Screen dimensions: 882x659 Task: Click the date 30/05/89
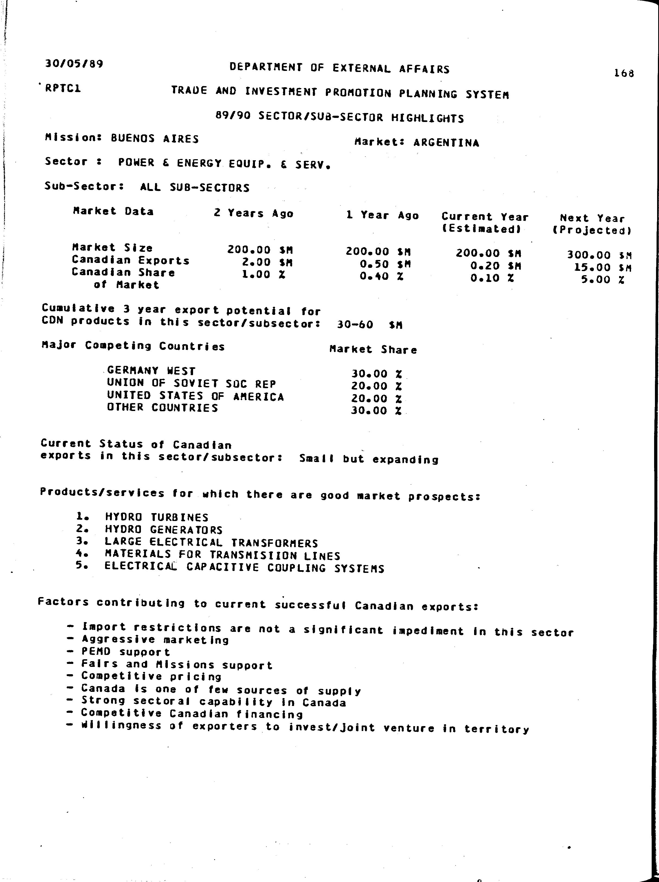click(x=74, y=64)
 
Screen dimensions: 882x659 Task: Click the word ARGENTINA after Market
click(x=446, y=143)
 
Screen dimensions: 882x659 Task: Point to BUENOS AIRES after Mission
click(x=155, y=139)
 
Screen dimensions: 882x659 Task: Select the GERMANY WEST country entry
click(x=152, y=371)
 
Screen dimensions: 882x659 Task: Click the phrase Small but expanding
click(x=369, y=459)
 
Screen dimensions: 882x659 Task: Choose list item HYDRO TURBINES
click(x=156, y=517)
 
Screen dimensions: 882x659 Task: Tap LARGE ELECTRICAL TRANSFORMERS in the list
click(x=211, y=543)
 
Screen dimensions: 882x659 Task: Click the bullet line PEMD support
click(x=125, y=652)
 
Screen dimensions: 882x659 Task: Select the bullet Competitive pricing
click(x=152, y=677)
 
